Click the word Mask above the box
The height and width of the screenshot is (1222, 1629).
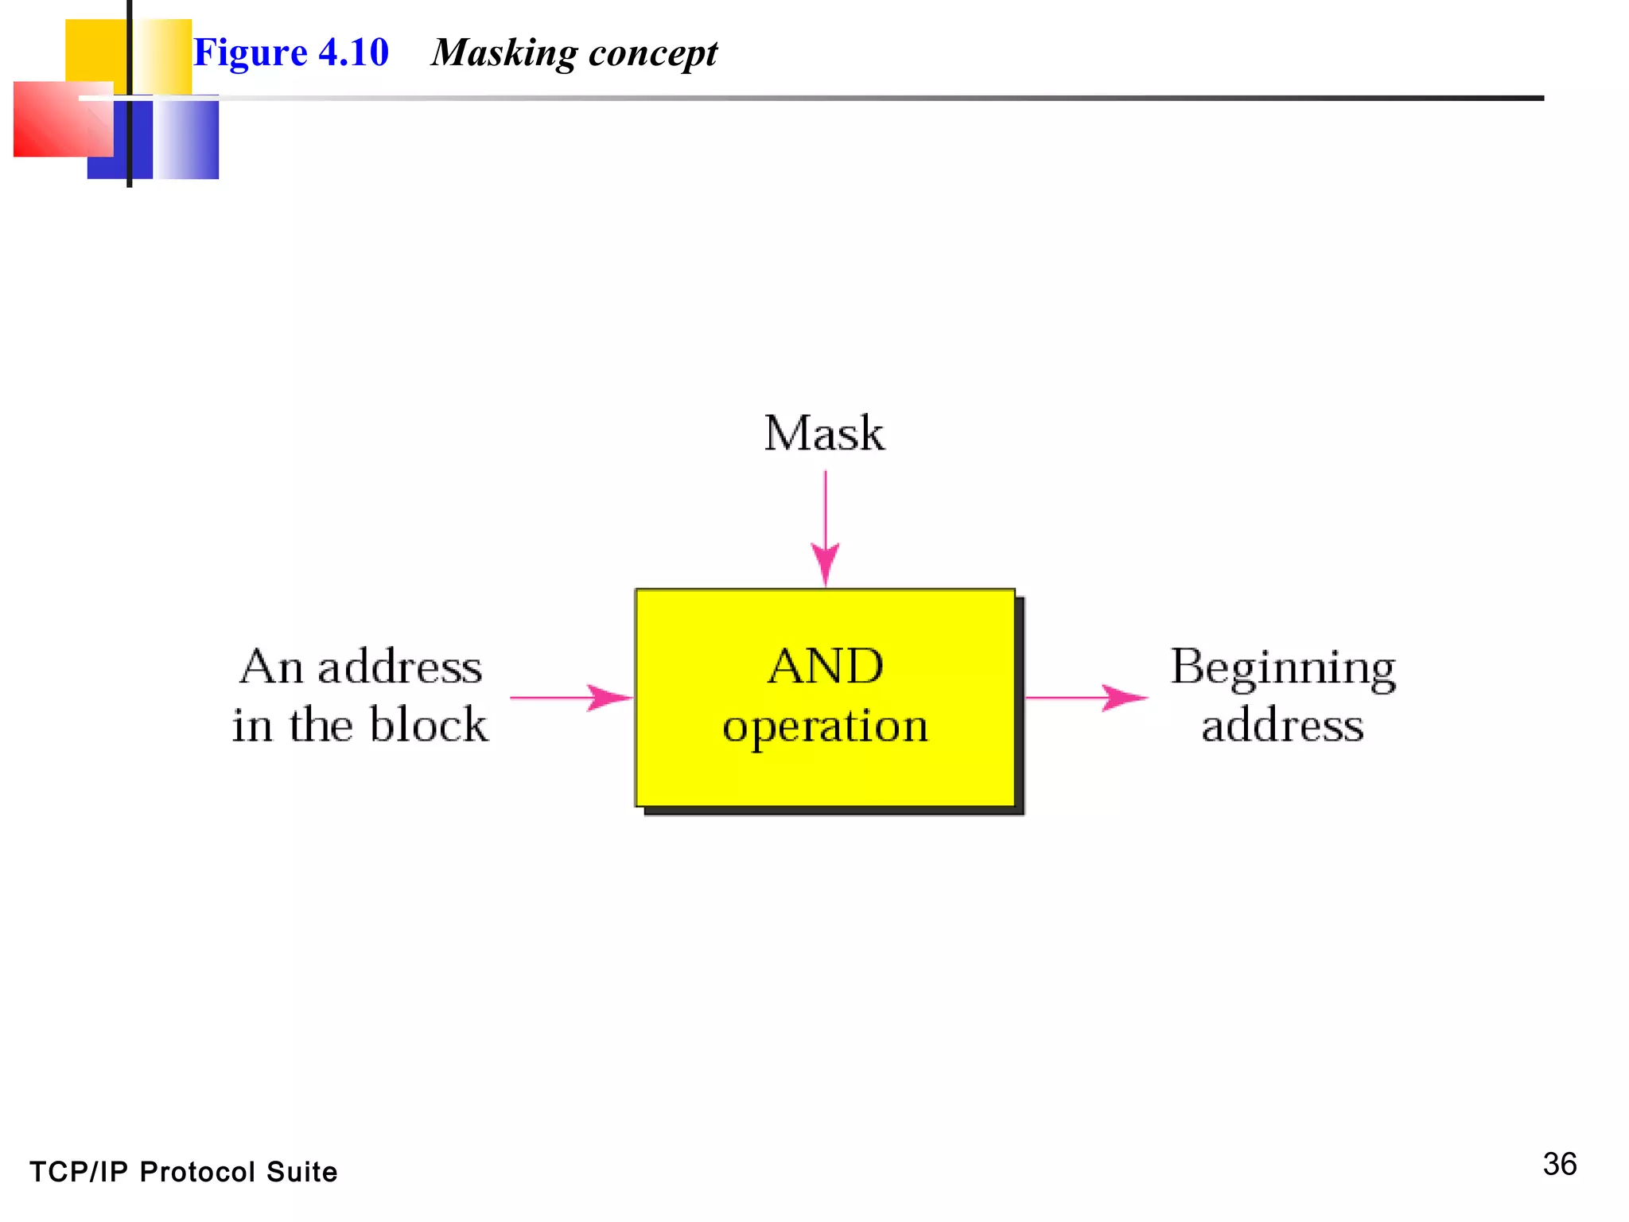click(824, 434)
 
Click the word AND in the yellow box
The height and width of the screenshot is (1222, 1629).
click(826, 666)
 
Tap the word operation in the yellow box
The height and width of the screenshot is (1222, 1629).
click(826, 726)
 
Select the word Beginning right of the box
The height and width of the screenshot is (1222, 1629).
click(1282, 668)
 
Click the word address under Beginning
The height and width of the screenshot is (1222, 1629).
click(1282, 725)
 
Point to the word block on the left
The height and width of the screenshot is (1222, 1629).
click(429, 725)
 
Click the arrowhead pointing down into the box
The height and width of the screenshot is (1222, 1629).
click(825, 563)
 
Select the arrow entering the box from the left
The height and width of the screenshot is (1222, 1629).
click(571, 698)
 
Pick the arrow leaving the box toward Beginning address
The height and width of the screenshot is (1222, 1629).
click(1087, 698)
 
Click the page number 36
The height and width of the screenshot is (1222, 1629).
click(1559, 1164)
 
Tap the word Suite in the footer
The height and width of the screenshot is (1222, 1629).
click(301, 1172)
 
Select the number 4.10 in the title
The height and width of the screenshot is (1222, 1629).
click(353, 53)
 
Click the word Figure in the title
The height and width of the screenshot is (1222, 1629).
click(250, 54)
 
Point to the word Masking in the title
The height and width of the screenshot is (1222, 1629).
click(504, 54)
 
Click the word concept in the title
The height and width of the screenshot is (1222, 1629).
click(652, 54)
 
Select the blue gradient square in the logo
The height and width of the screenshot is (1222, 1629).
click(186, 138)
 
